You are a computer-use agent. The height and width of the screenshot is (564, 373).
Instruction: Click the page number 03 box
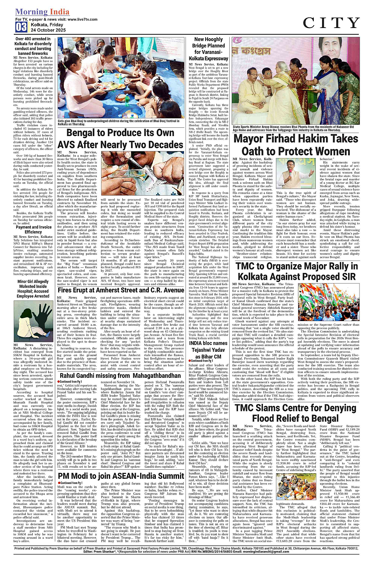(x=21, y=27)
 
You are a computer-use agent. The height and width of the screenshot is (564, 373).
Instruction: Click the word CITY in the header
(x=331, y=23)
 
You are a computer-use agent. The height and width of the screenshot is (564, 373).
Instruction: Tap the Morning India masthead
(x=42, y=12)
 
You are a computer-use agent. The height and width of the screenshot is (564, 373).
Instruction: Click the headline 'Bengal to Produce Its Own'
(x=120, y=133)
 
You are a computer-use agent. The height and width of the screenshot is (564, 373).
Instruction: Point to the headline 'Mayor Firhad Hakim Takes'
(x=296, y=139)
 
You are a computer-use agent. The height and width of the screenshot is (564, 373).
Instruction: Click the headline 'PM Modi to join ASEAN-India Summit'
(x=121, y=476)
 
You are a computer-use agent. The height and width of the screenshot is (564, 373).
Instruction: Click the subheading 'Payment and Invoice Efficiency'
(x=34, y=230)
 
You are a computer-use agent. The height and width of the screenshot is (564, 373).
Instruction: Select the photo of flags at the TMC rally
(x=328, y=301)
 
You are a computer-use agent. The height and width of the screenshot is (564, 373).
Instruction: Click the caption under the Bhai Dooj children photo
(x=118, y=122)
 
